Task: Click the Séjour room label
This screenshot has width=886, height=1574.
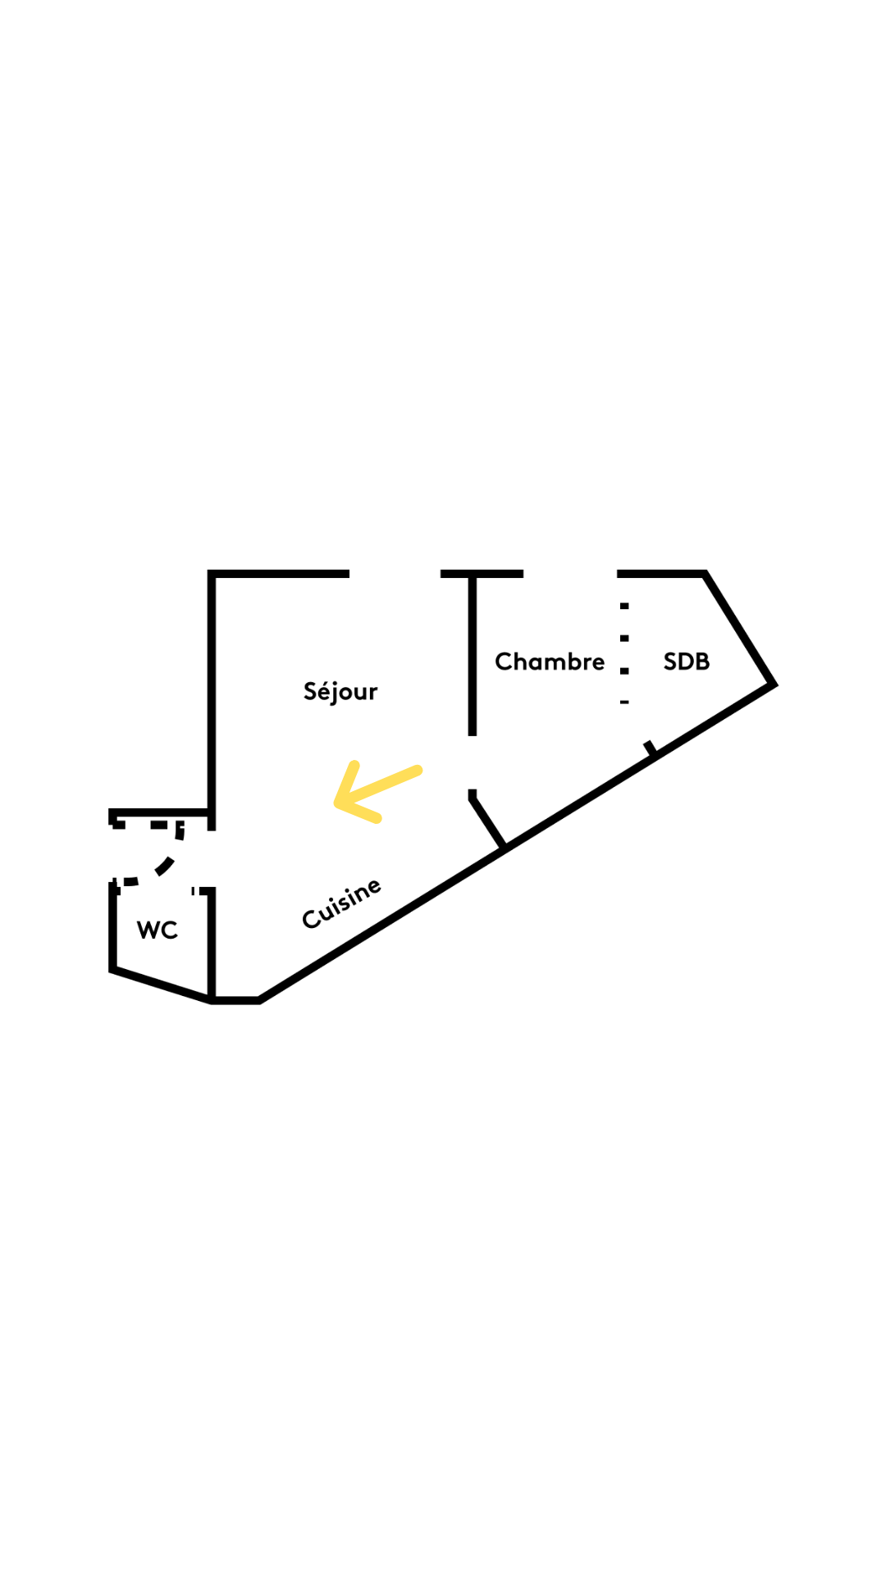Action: click(x=340, y=691)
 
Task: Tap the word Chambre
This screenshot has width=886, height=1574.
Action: click(x=550, y=662)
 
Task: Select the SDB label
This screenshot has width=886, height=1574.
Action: click(x=687, y=662)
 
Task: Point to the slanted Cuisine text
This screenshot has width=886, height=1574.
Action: click(x=342, y=903)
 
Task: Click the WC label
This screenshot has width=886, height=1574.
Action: click(x=158, y=930)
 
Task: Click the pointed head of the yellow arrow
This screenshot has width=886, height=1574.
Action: click(x=339, y=803)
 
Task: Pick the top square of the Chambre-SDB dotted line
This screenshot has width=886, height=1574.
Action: click(x=624, y=606)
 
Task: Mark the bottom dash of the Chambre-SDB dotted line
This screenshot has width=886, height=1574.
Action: click(x=624, y=702)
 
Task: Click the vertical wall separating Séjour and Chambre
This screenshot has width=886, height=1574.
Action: click(x=473, y=656)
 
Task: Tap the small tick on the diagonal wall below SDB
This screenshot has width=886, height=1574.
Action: click(x=650, y=748)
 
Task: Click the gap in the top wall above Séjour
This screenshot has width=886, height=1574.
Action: click(x=395, y=574)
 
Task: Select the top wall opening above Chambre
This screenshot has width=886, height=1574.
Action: click(x=570, y=574)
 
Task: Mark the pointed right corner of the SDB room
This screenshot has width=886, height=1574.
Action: click(x=773, y=683)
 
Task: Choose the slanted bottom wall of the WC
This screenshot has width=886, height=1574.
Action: click(x=161, y=985)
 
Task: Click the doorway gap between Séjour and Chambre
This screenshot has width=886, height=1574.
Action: click(x=473, y=762)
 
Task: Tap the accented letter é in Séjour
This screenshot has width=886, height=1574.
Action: click(x=323, y=690)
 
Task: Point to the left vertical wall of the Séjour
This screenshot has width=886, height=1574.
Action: click(x=212, y=697)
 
